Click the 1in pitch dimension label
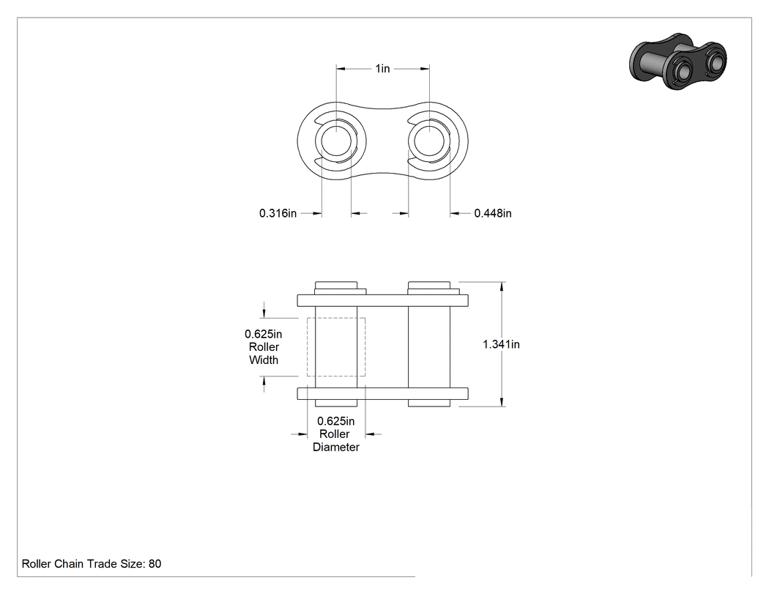click(382, 69)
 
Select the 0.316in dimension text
click(278, 213)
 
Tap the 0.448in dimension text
click(493, 213)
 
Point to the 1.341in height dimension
click(501, 344)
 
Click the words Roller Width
click(264, 354)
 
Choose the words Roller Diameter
click(336, 440)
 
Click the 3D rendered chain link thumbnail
click(677, 62)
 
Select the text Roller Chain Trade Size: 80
click(92, 563)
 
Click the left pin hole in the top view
click(336, 141)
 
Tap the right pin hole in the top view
click(429, 141)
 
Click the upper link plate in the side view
click(382, 301)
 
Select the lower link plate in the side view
click(382, 393)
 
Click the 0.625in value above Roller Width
click(264, 334)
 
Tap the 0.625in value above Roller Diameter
click(336, 421)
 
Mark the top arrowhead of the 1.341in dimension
click(502, 287)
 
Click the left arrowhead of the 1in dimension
click(341, 69)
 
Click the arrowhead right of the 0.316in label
click(317, 213)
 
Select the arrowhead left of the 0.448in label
click(456, 213)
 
